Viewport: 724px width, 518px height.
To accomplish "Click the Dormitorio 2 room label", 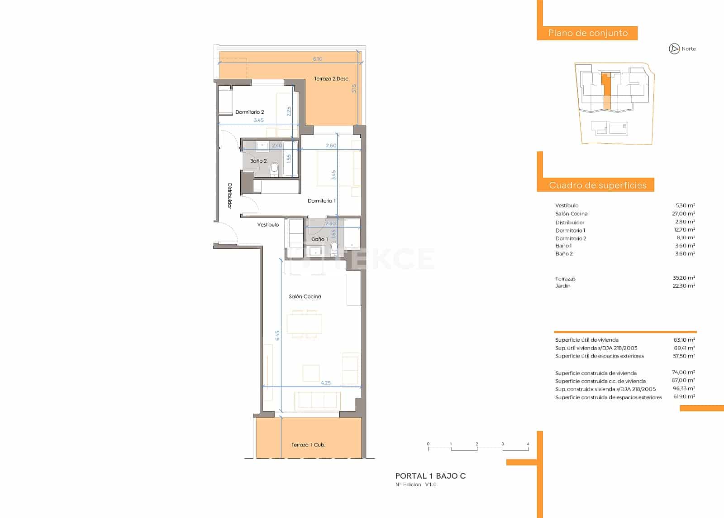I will (249, 112).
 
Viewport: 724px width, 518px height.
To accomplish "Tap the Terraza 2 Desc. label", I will (332, 79).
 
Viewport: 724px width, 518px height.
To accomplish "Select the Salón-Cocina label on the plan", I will (305, 296).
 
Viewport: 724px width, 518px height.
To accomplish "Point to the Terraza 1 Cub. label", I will (308, 445).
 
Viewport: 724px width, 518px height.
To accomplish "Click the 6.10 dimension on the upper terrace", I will (318, 59).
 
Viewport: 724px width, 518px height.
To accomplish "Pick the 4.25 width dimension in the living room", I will (325, 383).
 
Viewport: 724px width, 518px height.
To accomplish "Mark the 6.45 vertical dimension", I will (277, 335).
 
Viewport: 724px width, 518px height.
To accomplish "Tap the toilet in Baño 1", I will (334, 247).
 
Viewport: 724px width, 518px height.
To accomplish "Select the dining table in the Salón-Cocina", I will (305, 324).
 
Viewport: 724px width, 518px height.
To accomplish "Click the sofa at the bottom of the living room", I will (318, 400).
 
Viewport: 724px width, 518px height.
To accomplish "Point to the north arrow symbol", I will (674, 49).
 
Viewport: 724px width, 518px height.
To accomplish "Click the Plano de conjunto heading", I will (588, 33).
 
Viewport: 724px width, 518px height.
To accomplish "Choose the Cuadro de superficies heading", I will (597, 185).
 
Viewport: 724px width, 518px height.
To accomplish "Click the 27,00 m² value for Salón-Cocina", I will (684, 213).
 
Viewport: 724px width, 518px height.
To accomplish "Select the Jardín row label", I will (563, 286).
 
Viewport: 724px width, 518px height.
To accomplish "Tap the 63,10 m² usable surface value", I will (684, 339).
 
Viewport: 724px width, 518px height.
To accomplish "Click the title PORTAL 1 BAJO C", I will (430, 476).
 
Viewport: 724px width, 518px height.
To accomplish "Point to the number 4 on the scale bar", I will (528, 444).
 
